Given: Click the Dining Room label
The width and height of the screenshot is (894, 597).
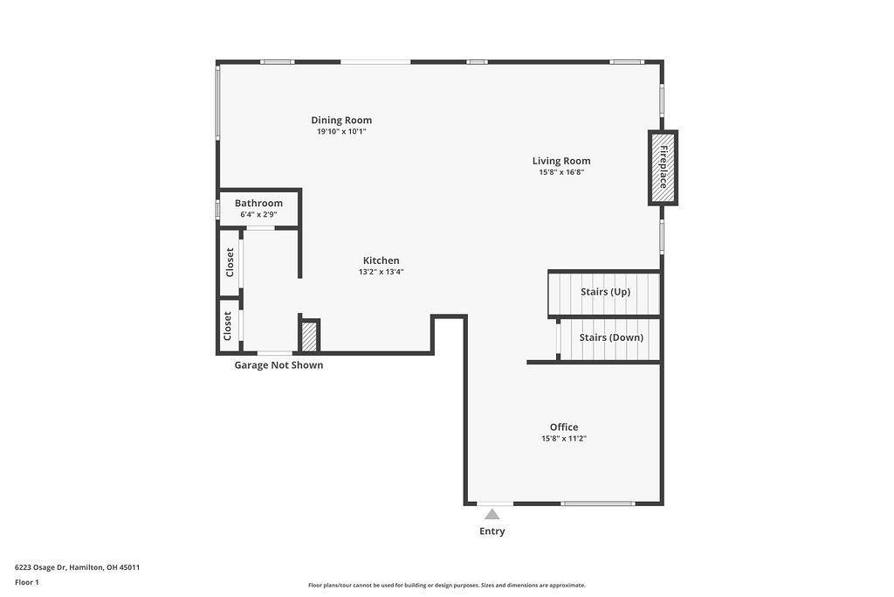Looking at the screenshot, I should point(341,121).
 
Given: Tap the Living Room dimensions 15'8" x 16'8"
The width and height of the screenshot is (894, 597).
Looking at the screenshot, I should point(560,172).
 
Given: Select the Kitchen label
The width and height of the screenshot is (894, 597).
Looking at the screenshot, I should point(381,260).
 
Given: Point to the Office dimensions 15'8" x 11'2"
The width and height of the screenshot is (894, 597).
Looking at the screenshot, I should point(563,439).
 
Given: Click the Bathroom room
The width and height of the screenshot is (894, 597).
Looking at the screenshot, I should point(259,208).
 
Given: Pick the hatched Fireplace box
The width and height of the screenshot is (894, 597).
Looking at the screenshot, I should point(663,167).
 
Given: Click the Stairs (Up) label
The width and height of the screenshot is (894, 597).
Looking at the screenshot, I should point(605,292).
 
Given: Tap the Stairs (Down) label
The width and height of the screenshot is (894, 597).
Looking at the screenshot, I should point(611,337).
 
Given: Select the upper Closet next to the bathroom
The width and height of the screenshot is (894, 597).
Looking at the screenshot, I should point(230,262).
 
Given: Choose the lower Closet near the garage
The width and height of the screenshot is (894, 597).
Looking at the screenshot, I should point(228,325).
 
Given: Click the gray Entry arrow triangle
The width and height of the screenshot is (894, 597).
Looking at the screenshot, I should point(492,514).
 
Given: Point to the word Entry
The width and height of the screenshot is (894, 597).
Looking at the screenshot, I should point(492,531).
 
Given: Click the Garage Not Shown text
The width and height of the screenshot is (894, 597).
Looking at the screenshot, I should point(279,365).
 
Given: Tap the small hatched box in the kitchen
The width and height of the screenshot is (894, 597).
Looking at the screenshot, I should point(309,336).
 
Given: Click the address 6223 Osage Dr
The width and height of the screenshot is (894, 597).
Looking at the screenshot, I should point(77,567).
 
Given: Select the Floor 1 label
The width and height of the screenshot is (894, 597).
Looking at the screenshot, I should point(27,582).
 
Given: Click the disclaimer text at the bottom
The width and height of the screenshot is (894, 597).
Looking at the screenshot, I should point(446,586).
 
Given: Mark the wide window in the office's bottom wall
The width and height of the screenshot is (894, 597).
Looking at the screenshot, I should point(597,503).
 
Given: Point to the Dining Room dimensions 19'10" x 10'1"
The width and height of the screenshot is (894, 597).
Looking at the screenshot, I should point(341,132).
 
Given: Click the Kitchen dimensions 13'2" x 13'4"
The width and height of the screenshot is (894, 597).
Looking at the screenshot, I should point(381,272).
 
